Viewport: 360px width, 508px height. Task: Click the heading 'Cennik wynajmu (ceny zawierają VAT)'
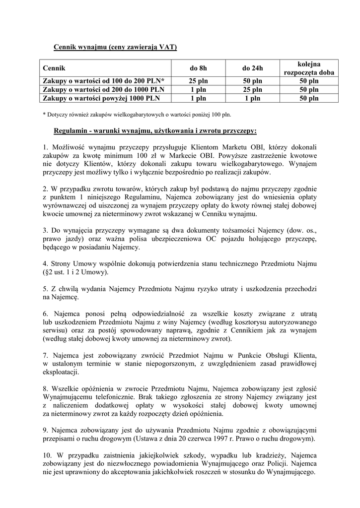115,47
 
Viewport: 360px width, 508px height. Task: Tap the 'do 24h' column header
253,68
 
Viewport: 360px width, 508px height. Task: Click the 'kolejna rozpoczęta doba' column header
309,68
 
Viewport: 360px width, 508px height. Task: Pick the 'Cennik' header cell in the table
54,68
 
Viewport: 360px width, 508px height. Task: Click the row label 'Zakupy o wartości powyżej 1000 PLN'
101,98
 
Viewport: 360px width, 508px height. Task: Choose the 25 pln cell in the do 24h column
253,90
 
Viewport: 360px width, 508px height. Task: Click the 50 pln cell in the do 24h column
253,81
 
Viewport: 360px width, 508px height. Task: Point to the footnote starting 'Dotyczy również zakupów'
137,115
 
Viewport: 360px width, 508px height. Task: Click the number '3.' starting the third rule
46,231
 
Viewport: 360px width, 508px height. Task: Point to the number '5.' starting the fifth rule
46,289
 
